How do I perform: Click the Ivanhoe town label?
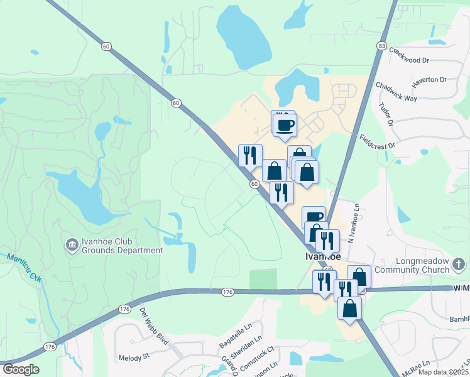click(x=320, y=256)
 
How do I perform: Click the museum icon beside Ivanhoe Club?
click(x=73, y=243)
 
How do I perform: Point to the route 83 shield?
click(x=382, y=46)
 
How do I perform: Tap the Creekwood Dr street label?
click(x=408, y=55)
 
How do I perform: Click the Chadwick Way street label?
click(x=396, y=92)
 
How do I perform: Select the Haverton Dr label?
click(x=429, y=83)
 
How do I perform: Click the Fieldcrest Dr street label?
click(x=377, y=141)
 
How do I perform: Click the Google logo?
click(x=21, y=369)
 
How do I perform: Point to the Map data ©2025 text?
click(x=443, y=372)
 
